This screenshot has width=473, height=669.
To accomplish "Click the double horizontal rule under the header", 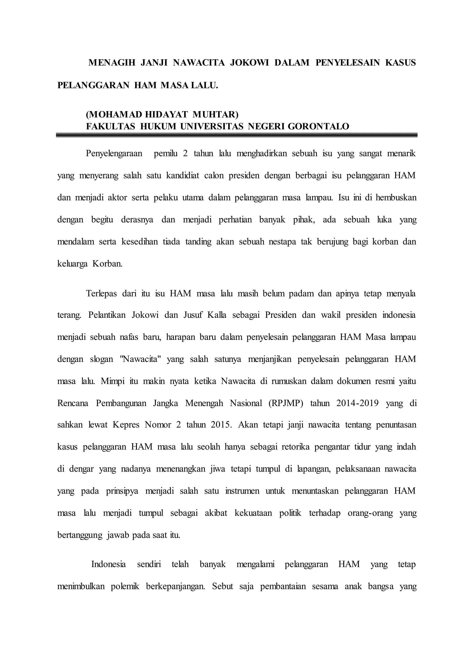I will [x=236, y=135].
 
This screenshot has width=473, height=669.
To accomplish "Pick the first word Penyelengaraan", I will [x=114, y=154].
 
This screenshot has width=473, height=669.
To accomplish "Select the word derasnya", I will [x=137, y=219].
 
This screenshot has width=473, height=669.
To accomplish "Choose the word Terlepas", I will [x=101, y=293].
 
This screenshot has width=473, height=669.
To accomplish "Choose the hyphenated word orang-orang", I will [x=370, y=513].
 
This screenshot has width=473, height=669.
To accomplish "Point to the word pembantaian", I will [x=283, y=586].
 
